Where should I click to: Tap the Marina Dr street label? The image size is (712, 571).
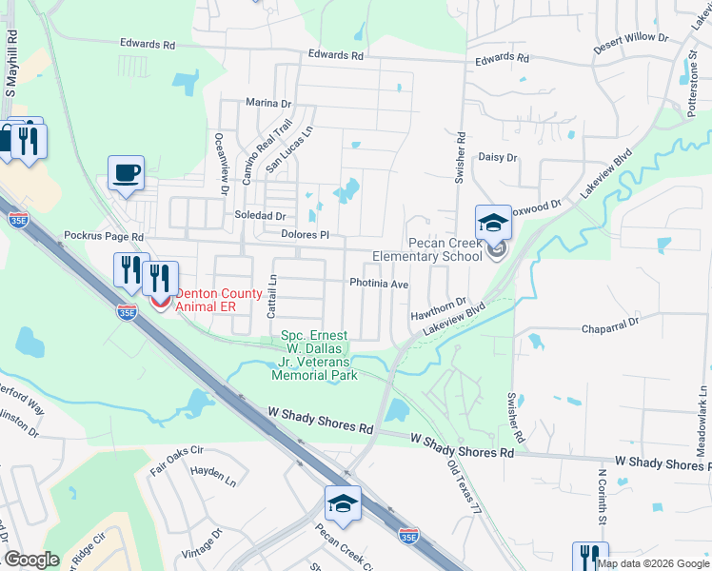(x=267, y=103)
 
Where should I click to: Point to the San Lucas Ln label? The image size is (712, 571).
(x=289, y=150)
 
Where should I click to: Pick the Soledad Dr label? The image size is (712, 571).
(x=260, y=215)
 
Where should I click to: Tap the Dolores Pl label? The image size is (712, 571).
(x=305, y=234)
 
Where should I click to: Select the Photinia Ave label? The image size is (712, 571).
(x=378, y=284)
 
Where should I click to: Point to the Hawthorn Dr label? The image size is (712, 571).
(x=438, y=308)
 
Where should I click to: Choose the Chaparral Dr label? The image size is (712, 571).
(x=609, y=326)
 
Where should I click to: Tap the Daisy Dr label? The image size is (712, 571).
(x=497, y=157)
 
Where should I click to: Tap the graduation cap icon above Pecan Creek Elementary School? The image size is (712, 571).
(x=493, y=223)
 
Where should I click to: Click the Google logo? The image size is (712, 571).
(x=31, y=560)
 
